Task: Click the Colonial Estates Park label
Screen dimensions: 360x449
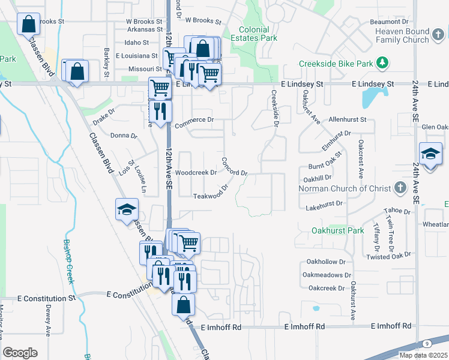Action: (258, 33)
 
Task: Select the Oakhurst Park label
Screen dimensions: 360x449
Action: (339, 230)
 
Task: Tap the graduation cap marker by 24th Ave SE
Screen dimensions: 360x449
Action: (430, 154)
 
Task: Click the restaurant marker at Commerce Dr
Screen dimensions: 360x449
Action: (160, 112)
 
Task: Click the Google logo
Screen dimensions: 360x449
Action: (20, 353)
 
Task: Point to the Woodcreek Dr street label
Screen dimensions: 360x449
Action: (195, 173)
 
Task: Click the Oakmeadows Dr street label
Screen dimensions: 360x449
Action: (327, 275)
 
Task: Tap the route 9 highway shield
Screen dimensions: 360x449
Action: (426, 343)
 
